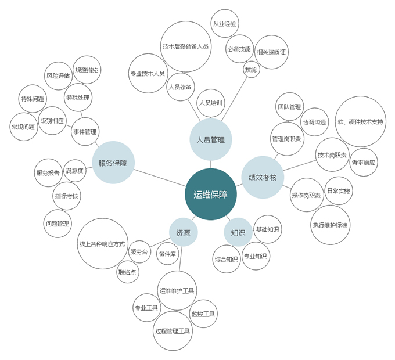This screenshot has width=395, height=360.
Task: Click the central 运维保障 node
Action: pos(211,195)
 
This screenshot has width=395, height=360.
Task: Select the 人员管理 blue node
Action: pos(210,139)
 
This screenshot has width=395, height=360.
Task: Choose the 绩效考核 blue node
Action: pos(262,177)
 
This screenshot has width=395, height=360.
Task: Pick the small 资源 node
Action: pos(183,233)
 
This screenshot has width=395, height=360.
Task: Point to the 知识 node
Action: pos(238,233)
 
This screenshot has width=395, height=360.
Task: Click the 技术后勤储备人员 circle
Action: pos(185,46)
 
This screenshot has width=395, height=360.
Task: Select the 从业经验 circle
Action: pos(227,24)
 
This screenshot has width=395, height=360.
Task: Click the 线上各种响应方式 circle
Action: pos(102,244)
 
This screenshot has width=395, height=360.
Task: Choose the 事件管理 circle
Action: pos(85,132)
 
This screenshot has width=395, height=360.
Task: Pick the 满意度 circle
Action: pos(75,171)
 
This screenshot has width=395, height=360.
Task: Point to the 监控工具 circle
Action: pos(203,314)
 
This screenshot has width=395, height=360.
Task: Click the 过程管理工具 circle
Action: pos(173,332)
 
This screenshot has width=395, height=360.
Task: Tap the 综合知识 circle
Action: pos(227,259)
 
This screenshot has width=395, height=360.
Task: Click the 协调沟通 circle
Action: pos(315,122)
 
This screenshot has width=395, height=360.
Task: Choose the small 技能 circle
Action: pos(250,69)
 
